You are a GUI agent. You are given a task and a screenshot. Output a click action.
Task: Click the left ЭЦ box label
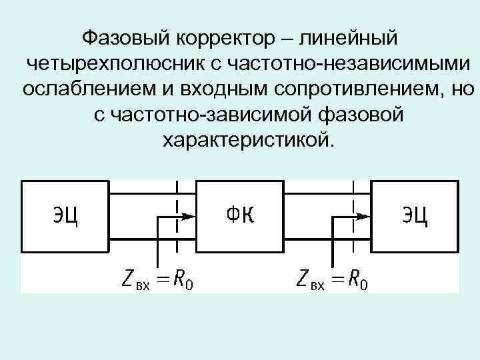pos(65,216)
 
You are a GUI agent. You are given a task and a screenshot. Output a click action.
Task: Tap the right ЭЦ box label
pos(415,216)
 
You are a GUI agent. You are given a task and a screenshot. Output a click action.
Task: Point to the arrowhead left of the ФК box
pos(189,216)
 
